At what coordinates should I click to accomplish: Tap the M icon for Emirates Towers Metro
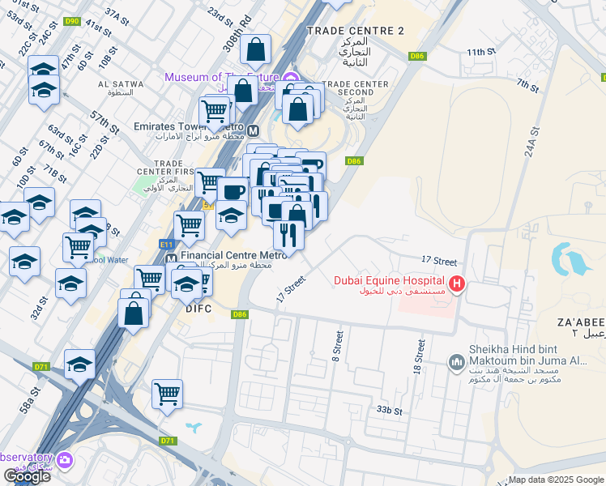[253, 130]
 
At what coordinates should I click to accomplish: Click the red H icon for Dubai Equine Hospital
[457, 283]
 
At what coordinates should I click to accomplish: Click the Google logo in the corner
[26, 475]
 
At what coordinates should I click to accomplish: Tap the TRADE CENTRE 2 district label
[355, 31]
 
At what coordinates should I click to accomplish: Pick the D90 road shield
[72, 22]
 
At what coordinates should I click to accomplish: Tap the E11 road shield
[167, 243]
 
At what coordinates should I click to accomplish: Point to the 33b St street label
[389, 411]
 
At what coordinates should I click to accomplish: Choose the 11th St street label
[480, 52]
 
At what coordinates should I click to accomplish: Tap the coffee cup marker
[233, 191]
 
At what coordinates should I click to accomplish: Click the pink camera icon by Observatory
[64, 461]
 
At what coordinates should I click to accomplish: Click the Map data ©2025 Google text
[556, 480]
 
